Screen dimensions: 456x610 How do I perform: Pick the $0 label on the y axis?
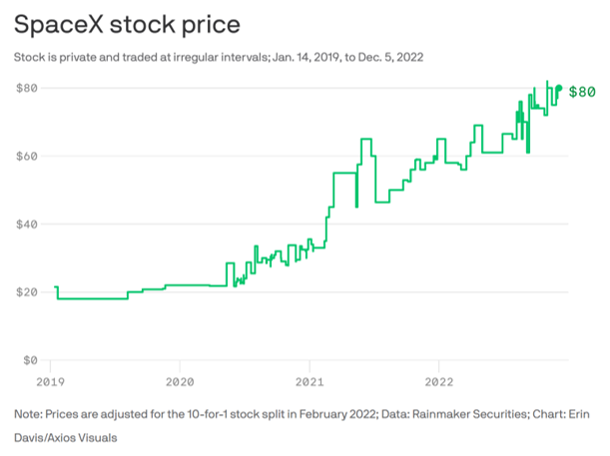32,359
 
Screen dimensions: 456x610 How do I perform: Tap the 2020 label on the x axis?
180,381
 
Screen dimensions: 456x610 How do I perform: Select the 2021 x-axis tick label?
310,381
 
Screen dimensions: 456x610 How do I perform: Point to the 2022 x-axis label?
441,381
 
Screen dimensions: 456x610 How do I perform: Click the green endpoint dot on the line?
558,89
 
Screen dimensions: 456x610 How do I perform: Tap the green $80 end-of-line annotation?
582,92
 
